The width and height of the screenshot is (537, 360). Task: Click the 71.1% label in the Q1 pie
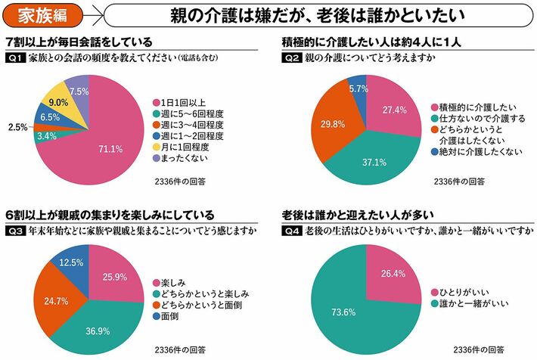(x=110, y=149)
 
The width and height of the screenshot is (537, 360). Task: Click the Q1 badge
(x=14, y=59)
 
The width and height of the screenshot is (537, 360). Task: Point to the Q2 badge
(x=291, y=59)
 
